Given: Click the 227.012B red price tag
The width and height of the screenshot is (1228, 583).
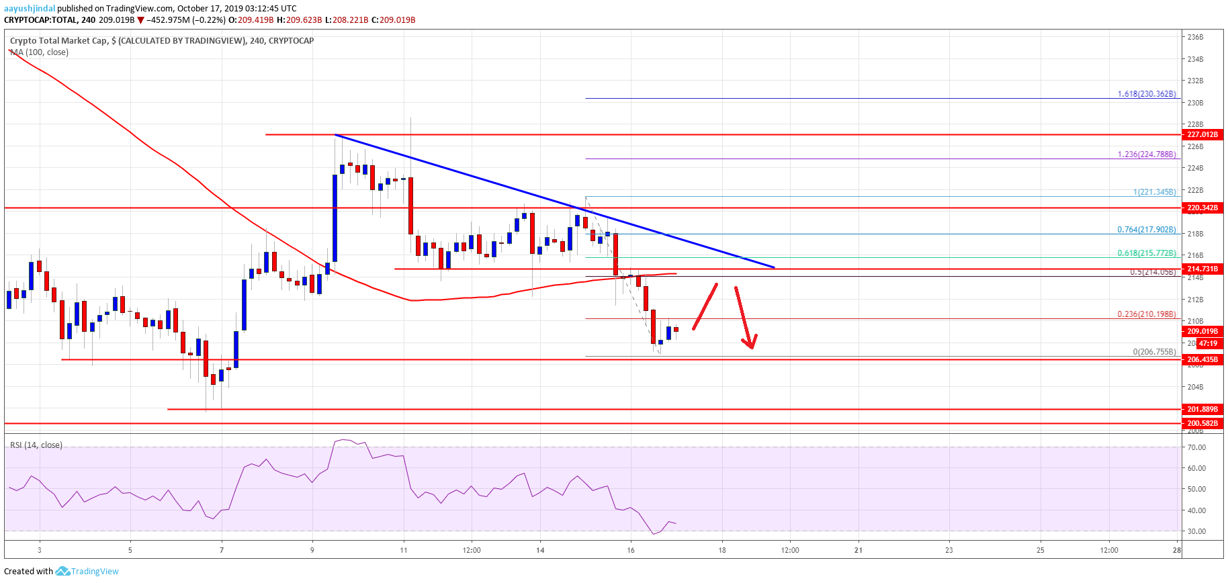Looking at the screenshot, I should (x=1202, y=134).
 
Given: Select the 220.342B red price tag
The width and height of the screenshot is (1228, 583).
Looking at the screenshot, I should (x=1202, y=208).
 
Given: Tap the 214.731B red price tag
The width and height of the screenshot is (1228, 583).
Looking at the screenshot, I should (x=1202, y=269).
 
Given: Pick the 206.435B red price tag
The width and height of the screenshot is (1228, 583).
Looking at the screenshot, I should (x=1202, y=359).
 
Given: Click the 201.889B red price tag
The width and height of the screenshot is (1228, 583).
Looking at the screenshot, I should (x=1202, y=409).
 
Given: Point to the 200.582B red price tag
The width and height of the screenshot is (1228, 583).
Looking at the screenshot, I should (x=1202, y=423).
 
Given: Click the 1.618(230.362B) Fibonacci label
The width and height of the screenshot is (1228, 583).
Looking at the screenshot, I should (x=1146, y=94).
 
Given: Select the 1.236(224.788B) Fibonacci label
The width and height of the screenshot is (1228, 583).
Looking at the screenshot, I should (x=1146, y=154).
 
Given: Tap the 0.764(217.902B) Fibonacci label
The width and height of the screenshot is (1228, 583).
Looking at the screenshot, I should (x=1146, y=230).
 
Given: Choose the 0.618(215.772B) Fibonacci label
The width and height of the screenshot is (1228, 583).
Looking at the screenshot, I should (x=1146, y=253).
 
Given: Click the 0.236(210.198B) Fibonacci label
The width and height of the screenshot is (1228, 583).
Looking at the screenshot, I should (x=1146, y=314).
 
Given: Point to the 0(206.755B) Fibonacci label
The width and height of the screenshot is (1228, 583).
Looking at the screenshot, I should (x=1154, y=352).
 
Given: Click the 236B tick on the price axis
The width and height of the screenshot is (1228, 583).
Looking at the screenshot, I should (x=1195, y=38).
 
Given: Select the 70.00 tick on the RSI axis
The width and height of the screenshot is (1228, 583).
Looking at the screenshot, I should (x=1196, y=447).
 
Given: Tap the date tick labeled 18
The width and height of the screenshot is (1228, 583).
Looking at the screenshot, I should (x=721, y=550).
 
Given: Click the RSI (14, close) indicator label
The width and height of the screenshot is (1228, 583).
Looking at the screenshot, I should (x=36, y=445).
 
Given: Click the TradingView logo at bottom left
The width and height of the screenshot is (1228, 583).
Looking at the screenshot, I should (x=87, y=572).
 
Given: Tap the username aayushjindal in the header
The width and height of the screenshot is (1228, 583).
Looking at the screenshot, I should (x=30, y=9).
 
